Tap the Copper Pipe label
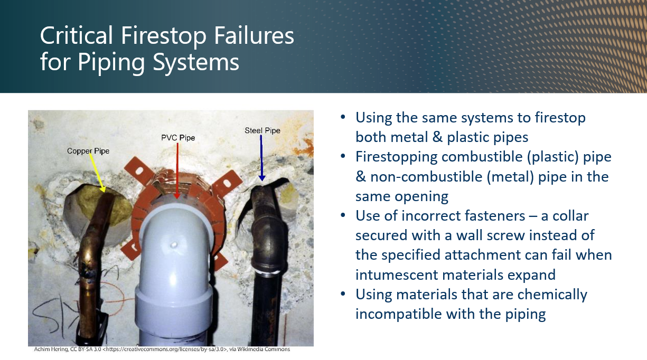88,151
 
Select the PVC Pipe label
178,138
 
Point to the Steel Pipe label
262,130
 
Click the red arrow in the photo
177,169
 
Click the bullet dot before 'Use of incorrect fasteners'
344,216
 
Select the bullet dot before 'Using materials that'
344,294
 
